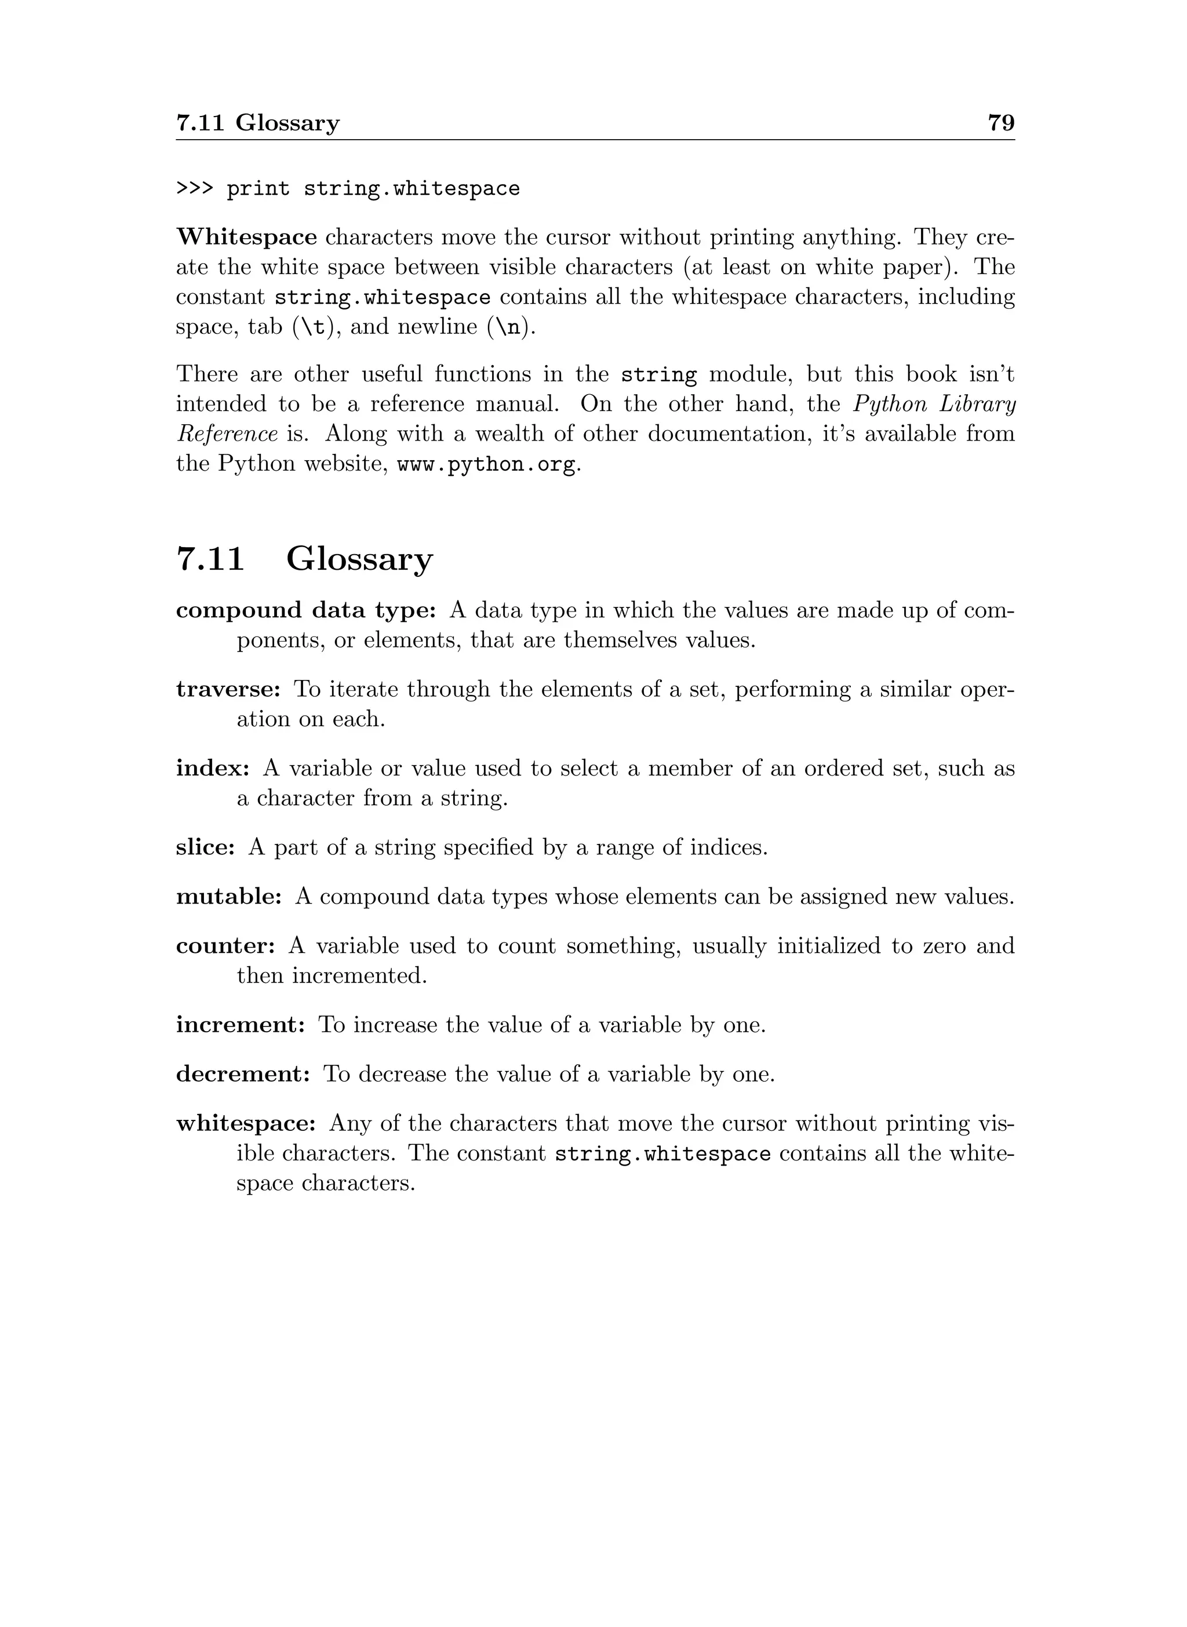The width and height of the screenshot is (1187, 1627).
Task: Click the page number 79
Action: point(1001,123)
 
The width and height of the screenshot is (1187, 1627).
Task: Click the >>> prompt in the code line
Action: point(195,189)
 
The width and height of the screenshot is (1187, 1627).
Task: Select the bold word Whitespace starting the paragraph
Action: point(246,237)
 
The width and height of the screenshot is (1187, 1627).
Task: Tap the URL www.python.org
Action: point(486,465)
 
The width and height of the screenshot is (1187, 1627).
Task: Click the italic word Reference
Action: point(227,434)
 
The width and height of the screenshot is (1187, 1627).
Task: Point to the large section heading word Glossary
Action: point(359,560)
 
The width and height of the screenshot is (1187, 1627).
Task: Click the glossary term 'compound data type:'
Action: point(306,611)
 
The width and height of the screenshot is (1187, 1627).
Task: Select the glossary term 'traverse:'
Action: point(228,690)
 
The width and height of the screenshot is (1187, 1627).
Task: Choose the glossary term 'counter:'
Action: point(225,947)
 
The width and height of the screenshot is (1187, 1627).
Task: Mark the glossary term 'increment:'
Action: point(241,1025)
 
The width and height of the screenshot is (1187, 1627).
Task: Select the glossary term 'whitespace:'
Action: point(246,1124)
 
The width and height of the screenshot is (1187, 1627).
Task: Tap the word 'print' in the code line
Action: point(258,190)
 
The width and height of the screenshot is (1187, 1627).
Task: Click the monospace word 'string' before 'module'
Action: point(658,375)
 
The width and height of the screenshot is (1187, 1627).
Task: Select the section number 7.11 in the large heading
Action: point(210,560)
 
